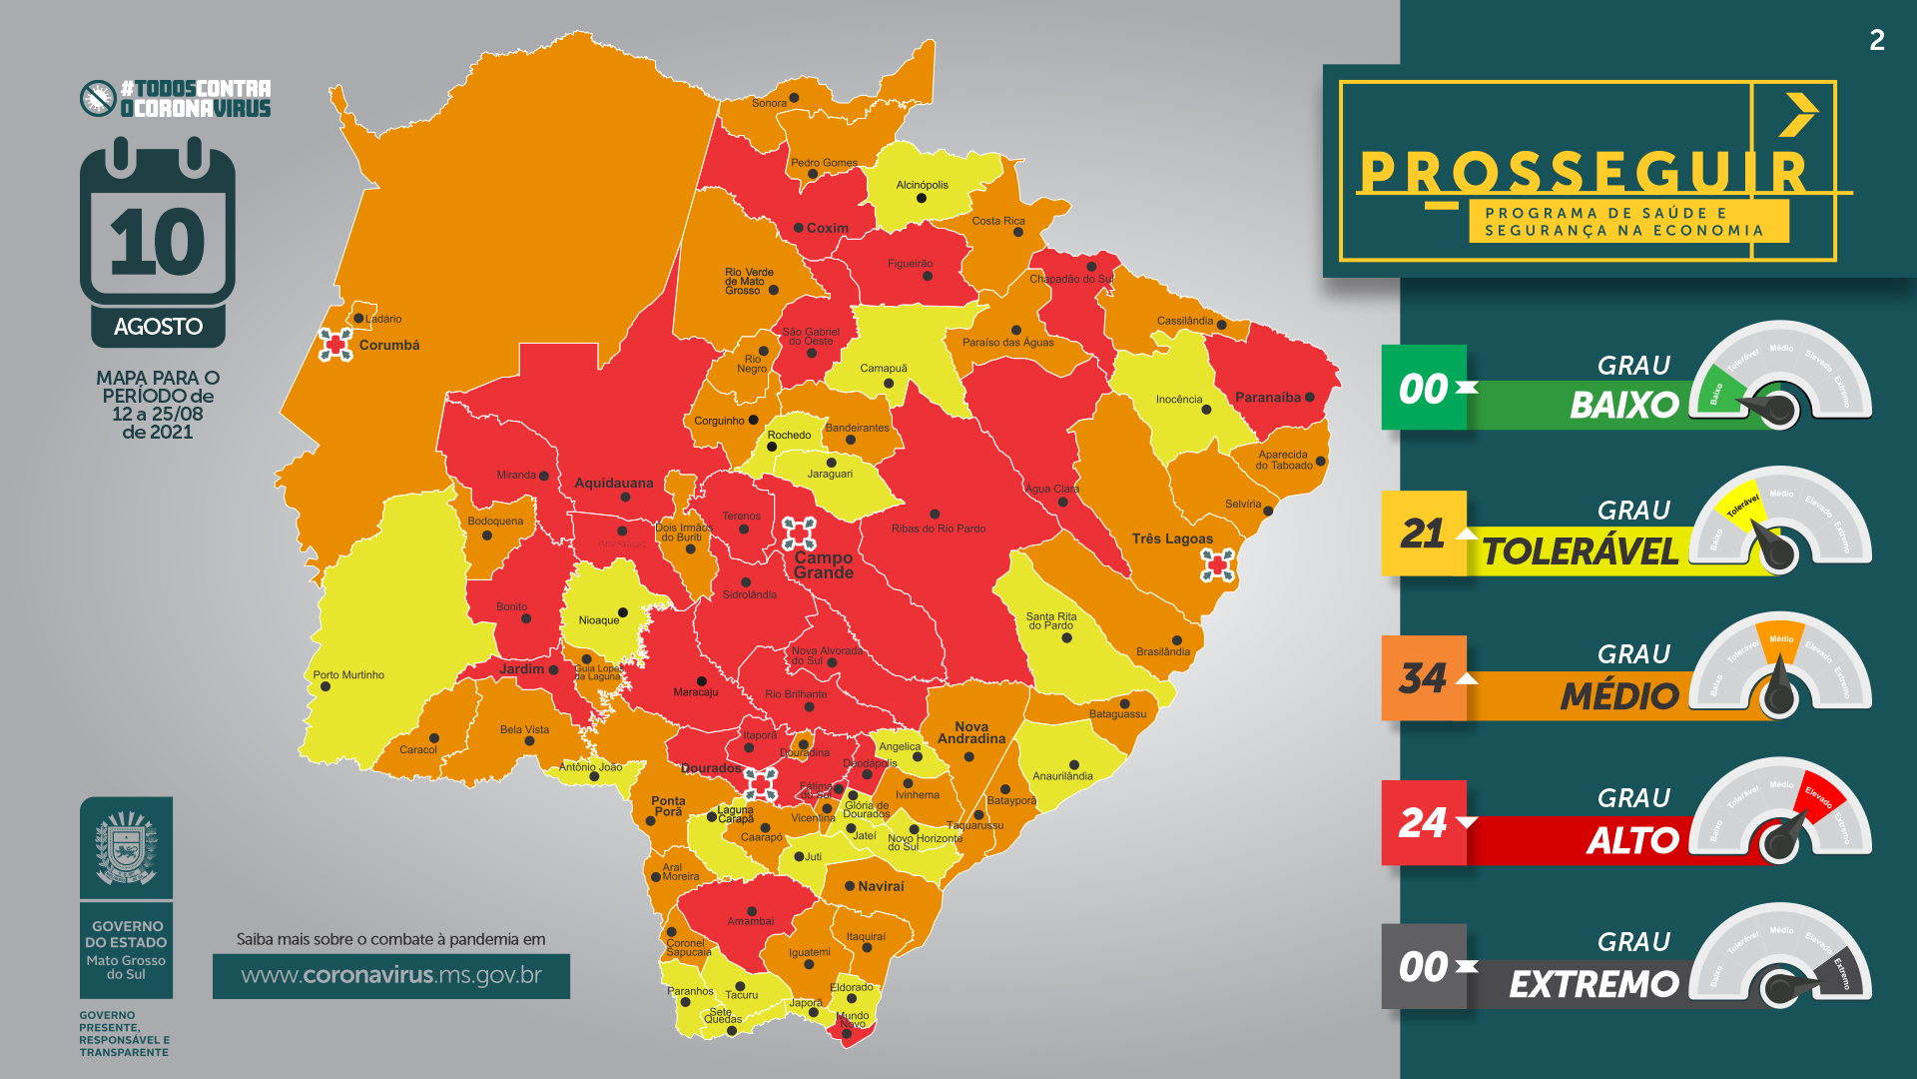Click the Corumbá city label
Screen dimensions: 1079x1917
pos(388,345)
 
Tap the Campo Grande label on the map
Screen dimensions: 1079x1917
pos(823,565)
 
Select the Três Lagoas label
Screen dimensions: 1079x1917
pos(1172,539)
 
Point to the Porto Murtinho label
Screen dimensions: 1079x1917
pos(348,675)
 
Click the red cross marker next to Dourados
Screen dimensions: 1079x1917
pos(760,783)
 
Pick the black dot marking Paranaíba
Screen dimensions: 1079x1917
pos(1310,398)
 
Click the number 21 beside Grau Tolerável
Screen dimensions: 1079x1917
pos(1422,534)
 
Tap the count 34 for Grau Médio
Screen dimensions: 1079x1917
pos(1422,678)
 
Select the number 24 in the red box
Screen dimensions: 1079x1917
pos(1422,823)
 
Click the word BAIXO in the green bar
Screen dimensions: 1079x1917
pos(1623,405)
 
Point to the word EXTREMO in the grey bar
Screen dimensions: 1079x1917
pos(1594,984)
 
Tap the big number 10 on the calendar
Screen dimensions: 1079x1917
pos(158,243)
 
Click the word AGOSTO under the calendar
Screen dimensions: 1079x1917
pos(158,327)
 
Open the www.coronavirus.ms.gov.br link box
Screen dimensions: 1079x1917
pos(391,975)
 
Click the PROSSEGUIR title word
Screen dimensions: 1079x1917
pos(1584,172)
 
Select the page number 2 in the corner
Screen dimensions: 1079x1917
pos(1877,40)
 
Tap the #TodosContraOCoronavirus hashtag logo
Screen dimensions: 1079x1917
pos(176,98)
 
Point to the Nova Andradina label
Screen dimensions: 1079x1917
pos(970,733)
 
